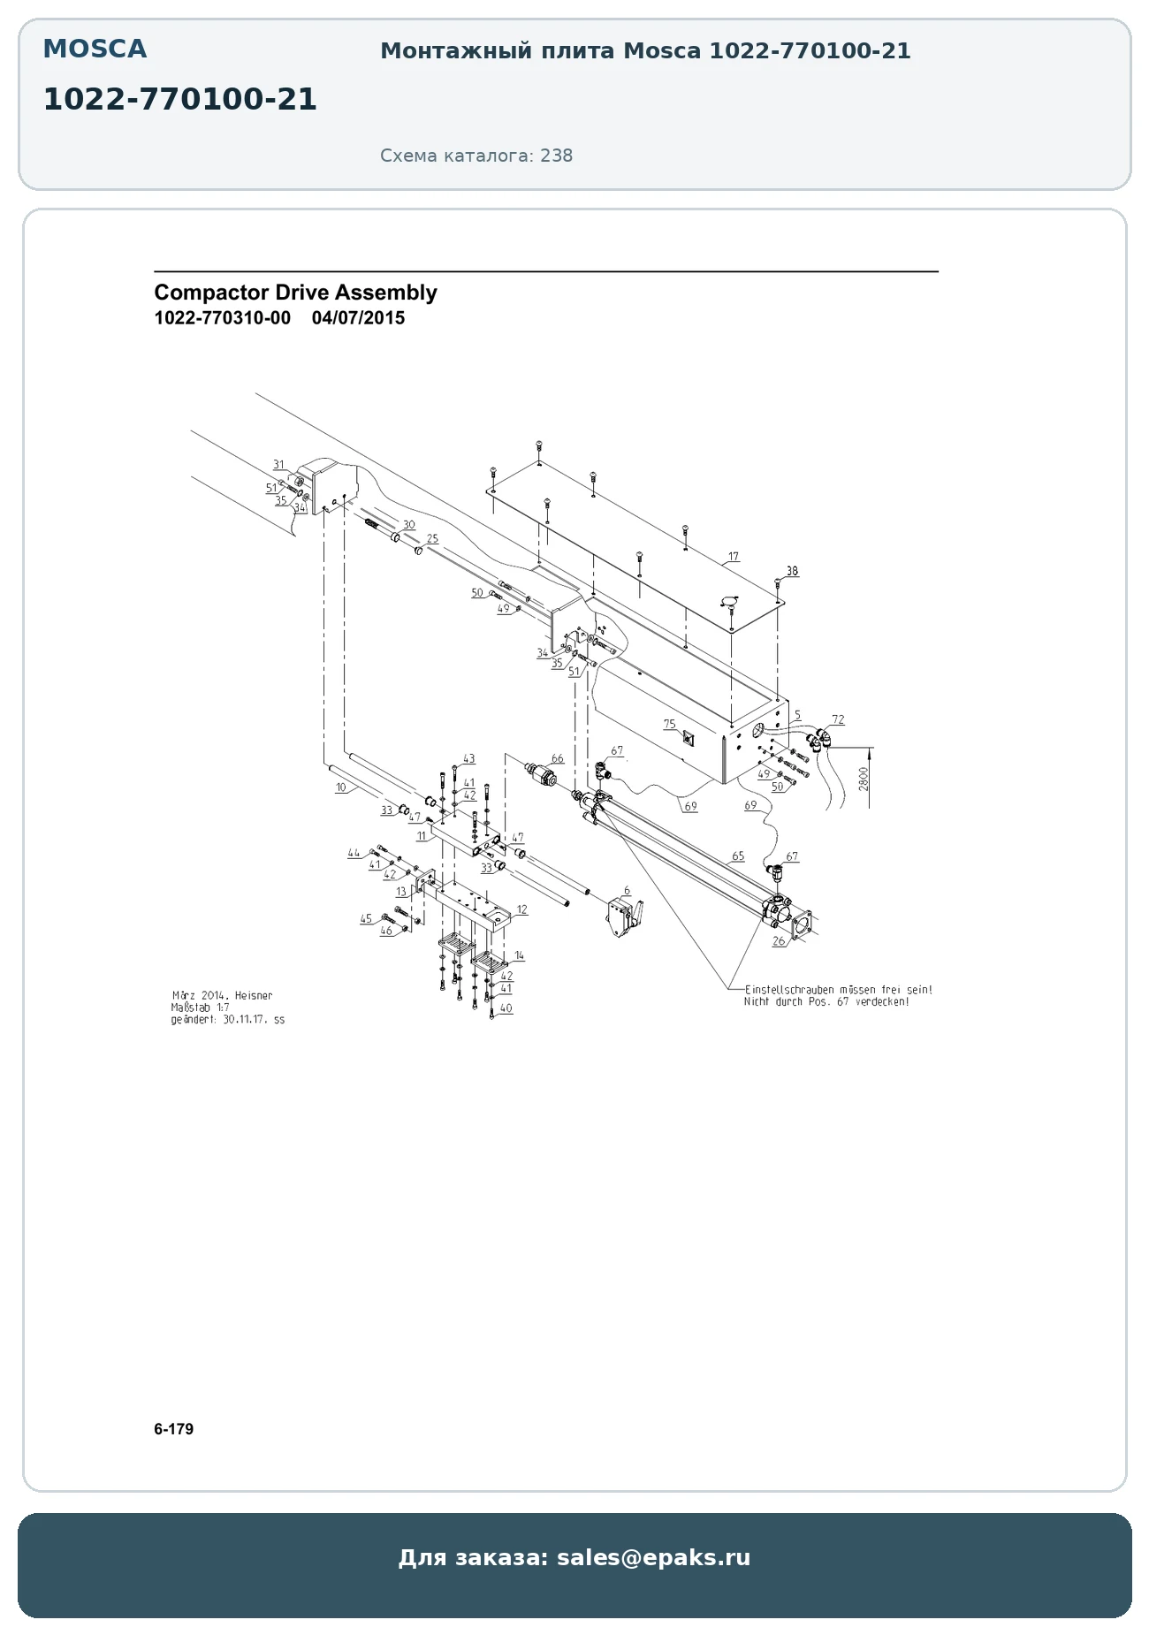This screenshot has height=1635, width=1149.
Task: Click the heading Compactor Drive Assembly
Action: click(295, 293)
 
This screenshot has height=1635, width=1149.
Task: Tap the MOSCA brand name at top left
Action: click(95, 49)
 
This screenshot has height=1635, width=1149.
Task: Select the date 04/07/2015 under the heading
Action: click(358, 318)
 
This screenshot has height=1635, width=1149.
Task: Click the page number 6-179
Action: click(173, 1429)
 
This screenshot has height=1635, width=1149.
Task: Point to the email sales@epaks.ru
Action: click(653, 1557)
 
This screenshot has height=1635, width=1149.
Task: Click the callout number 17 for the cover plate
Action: click(734, 558)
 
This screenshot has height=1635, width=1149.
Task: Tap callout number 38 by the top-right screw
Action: click(792, 571)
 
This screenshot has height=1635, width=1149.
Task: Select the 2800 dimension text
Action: click(864, 779)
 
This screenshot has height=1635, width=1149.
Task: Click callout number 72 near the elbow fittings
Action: click(838, 719)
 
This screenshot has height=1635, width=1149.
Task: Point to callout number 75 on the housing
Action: click(670, 725)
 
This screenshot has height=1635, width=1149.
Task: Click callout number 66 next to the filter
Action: click(557, 759)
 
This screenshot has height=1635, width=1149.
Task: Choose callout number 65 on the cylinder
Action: click(738, 856)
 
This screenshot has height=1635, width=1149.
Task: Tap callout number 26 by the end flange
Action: click(779, 941)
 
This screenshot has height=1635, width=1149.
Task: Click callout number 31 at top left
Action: click(279, 465)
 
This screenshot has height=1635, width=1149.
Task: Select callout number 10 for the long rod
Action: click(340, 787)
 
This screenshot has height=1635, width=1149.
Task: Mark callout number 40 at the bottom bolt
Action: click(506, 1008)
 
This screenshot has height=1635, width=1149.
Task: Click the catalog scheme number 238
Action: click(557, 156)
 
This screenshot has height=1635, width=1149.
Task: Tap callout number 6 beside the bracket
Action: click(628, 891)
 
